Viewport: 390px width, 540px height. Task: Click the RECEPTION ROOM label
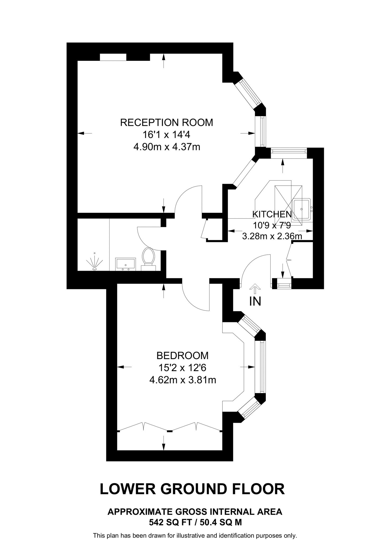[166, 123]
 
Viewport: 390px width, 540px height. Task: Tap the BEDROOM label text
[182, 356]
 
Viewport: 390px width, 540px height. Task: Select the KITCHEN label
[272, 214]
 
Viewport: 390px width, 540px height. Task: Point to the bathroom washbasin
[126, 264]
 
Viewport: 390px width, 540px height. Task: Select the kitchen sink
[302, 209]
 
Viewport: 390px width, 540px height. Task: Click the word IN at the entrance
[255, 302]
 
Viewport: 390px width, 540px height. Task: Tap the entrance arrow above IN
[255, 288]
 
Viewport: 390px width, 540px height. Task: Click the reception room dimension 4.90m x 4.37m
[167, 147]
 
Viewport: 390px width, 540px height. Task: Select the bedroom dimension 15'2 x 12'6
[182, 368]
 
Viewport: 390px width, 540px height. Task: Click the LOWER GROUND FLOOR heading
[192, 489]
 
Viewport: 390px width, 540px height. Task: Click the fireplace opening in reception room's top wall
[113, 57]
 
